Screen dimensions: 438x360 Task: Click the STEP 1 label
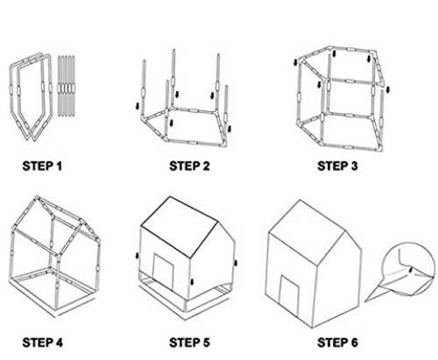(x=42, y=166)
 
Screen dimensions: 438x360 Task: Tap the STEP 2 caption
(x=189, y=166)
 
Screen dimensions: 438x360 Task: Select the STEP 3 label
(x=337, y=166)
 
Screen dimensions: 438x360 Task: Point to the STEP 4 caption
(x=42, y=342)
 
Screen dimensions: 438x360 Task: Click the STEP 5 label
(x=189, y=342)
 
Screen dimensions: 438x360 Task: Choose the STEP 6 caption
(x=337, y=342)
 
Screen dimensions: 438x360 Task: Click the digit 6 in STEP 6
(x=354, y=342)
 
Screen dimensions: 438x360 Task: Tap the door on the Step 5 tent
(x=164, y=272)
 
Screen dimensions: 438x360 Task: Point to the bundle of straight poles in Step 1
(x=66, y=87)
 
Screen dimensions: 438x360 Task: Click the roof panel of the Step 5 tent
(x=180, y=227)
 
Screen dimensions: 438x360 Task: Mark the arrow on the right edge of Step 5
(x=236, y=263)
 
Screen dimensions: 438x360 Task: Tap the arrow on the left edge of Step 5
(x=138, y=256)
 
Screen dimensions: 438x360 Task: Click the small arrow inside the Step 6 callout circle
(x=411, y=271)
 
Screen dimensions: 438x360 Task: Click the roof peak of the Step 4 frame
(x=38, y=197)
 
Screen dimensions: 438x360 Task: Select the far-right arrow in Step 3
(x=388, y=89)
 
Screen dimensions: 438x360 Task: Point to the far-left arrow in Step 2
(x=138, y=106)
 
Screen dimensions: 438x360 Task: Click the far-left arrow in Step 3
(x=296, y=62)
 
